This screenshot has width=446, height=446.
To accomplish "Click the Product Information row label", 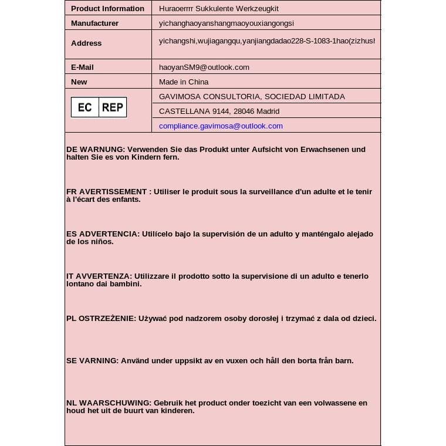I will pyautogui.click(x=107, y=8).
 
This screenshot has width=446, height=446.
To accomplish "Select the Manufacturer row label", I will pyautogui.click(x=94, y=23).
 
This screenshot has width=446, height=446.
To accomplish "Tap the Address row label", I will pyautogui.click(x=86, y=43).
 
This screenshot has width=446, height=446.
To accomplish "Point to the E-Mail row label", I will pyautogui.click(x=82, y=67).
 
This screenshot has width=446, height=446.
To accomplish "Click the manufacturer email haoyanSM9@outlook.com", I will pyautogui.click(x=204, y=67).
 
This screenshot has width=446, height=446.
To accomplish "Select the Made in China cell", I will pyautogui.click(x=184, y=82).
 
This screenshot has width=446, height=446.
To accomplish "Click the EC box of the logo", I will pyautogui.click(x=85, y=107).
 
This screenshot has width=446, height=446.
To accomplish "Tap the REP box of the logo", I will pyautogui.click(x=112, y=107).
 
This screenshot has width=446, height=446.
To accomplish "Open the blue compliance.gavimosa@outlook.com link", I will pyautogui.click(x=221, y=126).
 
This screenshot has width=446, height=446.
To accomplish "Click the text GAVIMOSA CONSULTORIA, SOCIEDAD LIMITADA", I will pyautogui.click(x=252, y=96).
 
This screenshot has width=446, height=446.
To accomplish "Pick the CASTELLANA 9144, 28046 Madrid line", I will pyautogui.click(x=219, y=111).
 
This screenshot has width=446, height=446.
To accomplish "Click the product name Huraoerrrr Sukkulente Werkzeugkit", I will pyautogui.click(x=218, y=8).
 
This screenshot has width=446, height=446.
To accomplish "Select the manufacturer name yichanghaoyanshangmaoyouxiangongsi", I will pyautogui.click(x=226, y=23).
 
